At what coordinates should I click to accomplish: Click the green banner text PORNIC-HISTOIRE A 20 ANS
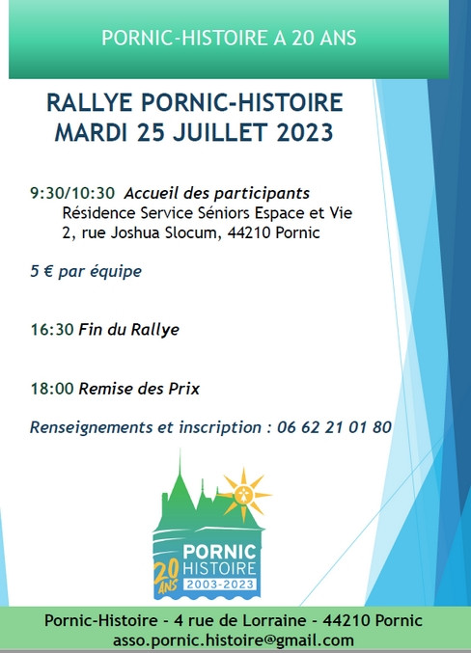pos(229,38)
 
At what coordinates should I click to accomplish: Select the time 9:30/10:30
pos(72,193)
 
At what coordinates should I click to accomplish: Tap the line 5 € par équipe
pos(86,271)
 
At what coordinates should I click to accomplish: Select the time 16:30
pos(51,329)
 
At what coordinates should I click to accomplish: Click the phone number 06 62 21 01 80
pos(334,426)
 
